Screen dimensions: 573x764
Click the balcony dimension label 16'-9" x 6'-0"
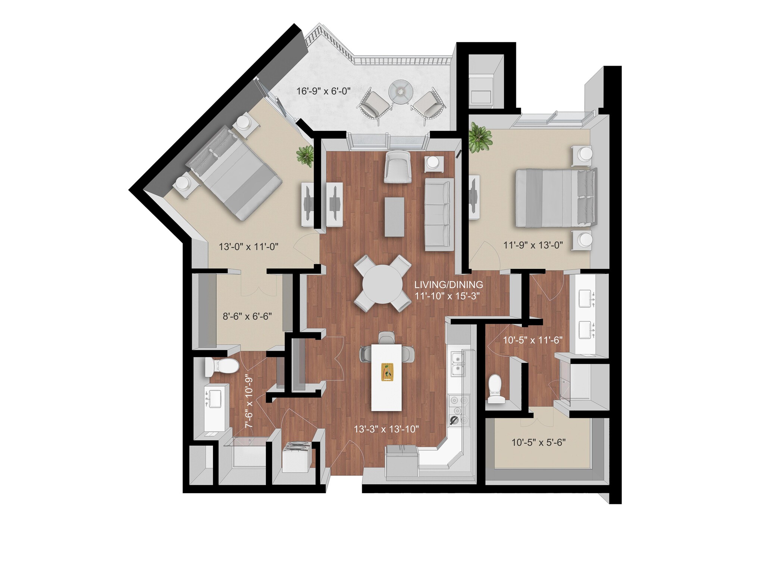click(323, 91)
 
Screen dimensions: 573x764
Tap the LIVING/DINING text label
click(448, 285)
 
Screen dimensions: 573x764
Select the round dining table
click(383, 284)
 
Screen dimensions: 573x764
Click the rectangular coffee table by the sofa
click(394, 217)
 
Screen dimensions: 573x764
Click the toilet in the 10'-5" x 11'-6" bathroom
click(496, 389)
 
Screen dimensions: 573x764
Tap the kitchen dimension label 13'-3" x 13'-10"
click(386, 429)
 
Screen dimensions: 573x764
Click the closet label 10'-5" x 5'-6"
click(538, 442)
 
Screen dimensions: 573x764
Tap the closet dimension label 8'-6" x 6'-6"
click(247, 316)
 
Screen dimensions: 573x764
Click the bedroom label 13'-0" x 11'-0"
click(248, 247)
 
